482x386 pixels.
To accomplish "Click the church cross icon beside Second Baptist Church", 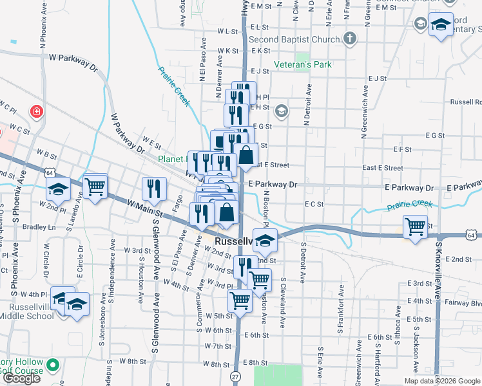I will tap(350, 39).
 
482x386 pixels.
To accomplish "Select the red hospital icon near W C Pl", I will tap(37, 111).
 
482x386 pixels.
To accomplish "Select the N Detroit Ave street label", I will tap(308, 103).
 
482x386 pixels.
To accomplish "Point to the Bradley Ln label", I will tap(39, 227).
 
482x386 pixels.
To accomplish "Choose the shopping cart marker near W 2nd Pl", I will tap(95, 187).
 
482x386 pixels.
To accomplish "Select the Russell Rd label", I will tap(466, 102).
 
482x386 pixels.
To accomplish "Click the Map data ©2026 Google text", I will tap(442, 381).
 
